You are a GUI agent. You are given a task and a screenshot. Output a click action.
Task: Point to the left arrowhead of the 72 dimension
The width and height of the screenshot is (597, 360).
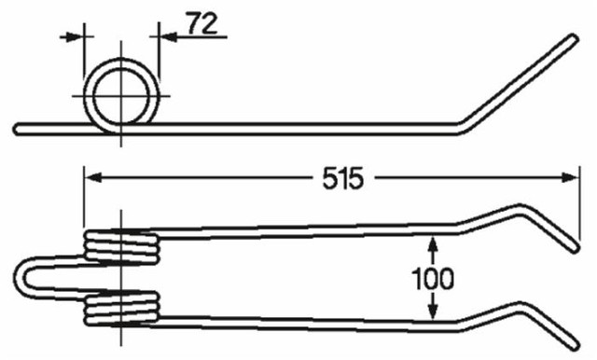click(x=77, y=36)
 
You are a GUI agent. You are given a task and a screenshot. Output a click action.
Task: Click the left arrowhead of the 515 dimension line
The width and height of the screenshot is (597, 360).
click(x=91, y=174)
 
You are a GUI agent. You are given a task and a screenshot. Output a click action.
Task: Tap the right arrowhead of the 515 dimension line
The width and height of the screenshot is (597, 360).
click(x=570, y=174)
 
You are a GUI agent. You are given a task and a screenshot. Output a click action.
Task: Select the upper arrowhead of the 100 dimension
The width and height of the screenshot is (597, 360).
click(x=432, y=242)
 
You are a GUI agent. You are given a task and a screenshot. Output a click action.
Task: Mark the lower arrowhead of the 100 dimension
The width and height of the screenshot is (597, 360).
click(x=432, y=316)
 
